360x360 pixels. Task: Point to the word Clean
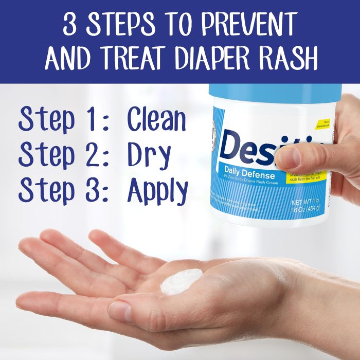(x=156, y=120)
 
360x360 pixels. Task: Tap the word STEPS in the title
(x=120, y=24)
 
